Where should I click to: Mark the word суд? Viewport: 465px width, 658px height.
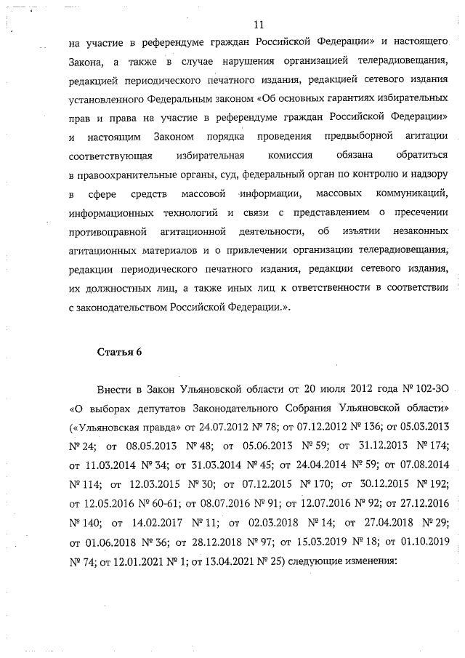[x=227, y=174]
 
